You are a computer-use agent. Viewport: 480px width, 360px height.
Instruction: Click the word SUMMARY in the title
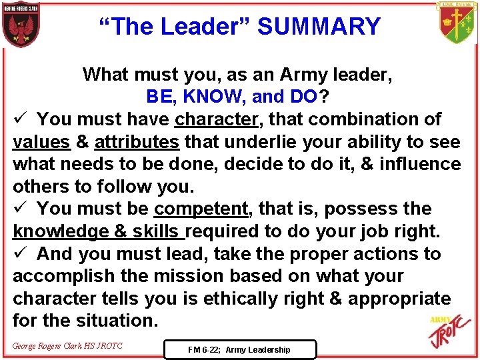tap(319, 27)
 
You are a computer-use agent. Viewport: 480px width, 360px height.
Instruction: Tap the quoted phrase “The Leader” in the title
tap(175, 27)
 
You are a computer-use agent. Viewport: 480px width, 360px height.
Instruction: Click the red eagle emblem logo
tap(21, 25)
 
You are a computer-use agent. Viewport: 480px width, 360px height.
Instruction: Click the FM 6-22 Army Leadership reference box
tap(239, 349)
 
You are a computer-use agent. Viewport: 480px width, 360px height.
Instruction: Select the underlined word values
tap(41, 142)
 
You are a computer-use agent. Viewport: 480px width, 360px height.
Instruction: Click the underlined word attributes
tap(137, 142)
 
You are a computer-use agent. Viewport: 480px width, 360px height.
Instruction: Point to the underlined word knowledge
tap(60, 231)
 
